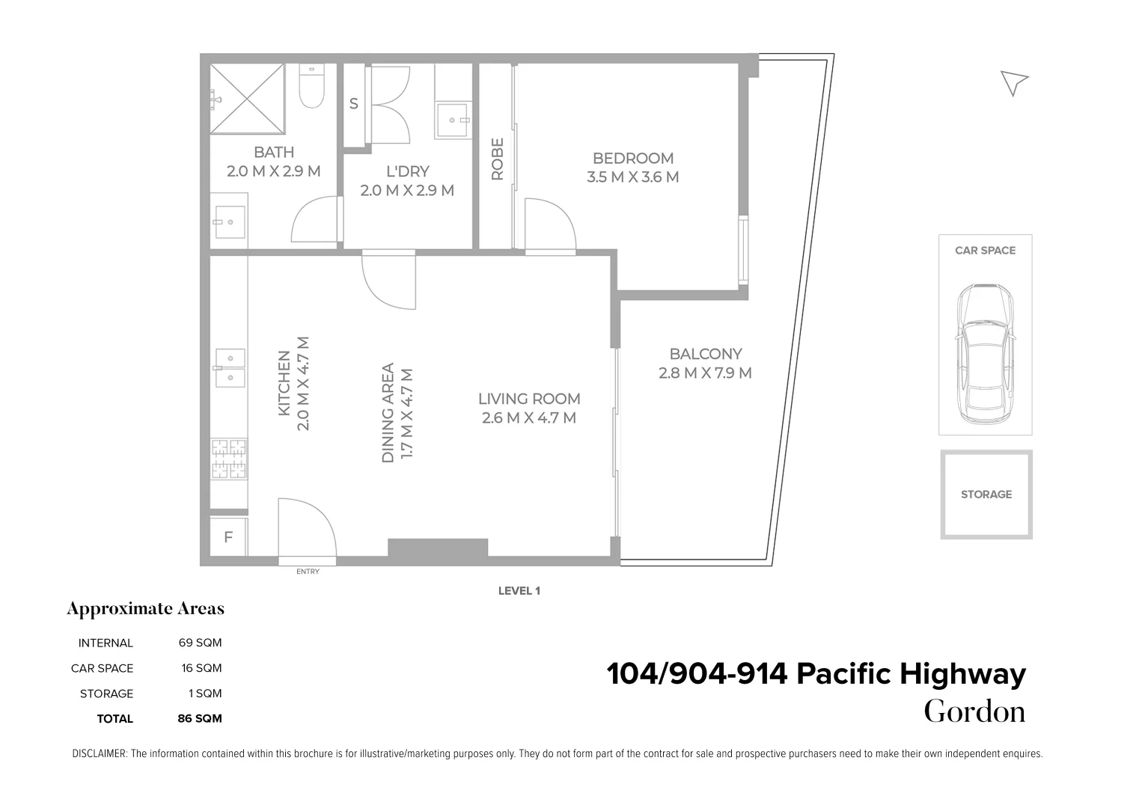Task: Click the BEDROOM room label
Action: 632,159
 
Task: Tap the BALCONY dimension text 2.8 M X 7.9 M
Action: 705,373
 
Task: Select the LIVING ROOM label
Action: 529,399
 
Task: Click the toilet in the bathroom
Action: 311,87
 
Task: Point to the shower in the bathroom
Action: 247,98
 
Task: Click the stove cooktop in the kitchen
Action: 229,459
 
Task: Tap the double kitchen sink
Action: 230,367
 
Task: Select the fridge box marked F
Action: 228,537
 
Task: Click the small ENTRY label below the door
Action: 308,572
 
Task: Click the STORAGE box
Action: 986,495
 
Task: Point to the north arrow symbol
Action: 1014,82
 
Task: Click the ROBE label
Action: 497,159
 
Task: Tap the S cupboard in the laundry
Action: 354,104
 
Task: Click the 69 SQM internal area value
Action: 200,643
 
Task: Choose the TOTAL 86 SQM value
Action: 200,719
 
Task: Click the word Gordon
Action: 974,711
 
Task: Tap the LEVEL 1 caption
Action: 519,591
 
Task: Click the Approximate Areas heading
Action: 146,609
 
